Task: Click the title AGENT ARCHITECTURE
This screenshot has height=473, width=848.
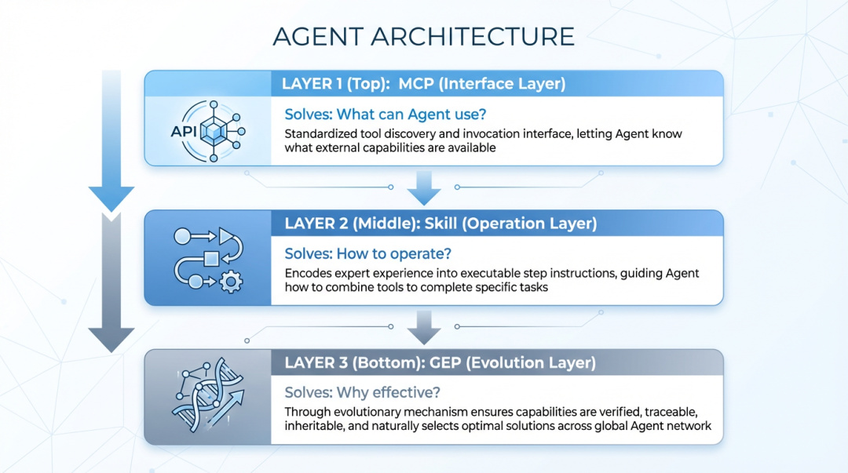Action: point(423,37)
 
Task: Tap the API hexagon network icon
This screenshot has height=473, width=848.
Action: point(209,131)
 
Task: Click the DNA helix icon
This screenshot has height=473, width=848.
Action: point(208,395)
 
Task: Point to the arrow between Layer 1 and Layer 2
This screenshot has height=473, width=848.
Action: point(424,188)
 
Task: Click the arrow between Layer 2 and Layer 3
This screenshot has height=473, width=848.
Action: point(424,328)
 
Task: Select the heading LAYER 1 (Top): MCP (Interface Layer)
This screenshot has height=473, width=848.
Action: point(423,84)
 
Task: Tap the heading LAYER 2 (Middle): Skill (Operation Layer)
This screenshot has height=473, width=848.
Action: point(440,224)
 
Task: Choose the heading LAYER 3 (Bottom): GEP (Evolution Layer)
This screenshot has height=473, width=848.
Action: point(440,362)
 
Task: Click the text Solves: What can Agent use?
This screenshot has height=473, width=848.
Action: point(385,115)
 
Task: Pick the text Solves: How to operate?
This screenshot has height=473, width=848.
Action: point(367,253)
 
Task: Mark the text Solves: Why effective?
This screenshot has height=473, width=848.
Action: point(362,392)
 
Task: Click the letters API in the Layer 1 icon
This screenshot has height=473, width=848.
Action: point(184,131)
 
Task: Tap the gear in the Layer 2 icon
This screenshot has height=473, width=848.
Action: point(231,282)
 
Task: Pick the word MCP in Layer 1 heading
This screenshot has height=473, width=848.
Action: point(415,84)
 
